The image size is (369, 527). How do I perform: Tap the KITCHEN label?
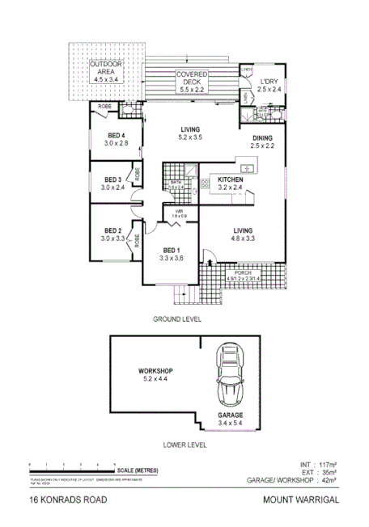pos(231,179)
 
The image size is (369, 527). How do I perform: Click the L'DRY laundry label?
pos(269,82)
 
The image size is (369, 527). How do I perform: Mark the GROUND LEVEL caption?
pos(177,319)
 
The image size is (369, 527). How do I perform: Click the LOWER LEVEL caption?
pos(185,445)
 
